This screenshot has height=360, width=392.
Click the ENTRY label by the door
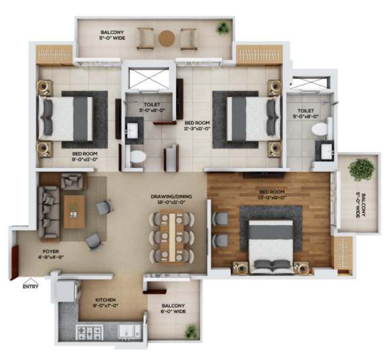(x=30, y=287)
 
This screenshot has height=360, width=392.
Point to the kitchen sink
(x=129, y=332)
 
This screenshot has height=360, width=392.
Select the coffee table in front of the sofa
(x=74, y=211)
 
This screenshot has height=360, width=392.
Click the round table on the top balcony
(x=166, y=38)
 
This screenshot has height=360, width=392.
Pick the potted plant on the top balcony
(x=222, y=28)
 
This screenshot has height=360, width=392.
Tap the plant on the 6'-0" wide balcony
(x=190, y=331)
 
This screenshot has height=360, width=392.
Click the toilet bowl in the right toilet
(x=319, y=130)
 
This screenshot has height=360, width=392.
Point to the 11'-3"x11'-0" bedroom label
(x=197, y=125)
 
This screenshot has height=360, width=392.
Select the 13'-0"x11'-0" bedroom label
(x=272, y=195)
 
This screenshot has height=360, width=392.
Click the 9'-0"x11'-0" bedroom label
(x=85, y=156)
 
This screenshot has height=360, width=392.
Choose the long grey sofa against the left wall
(x=49, y=211)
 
